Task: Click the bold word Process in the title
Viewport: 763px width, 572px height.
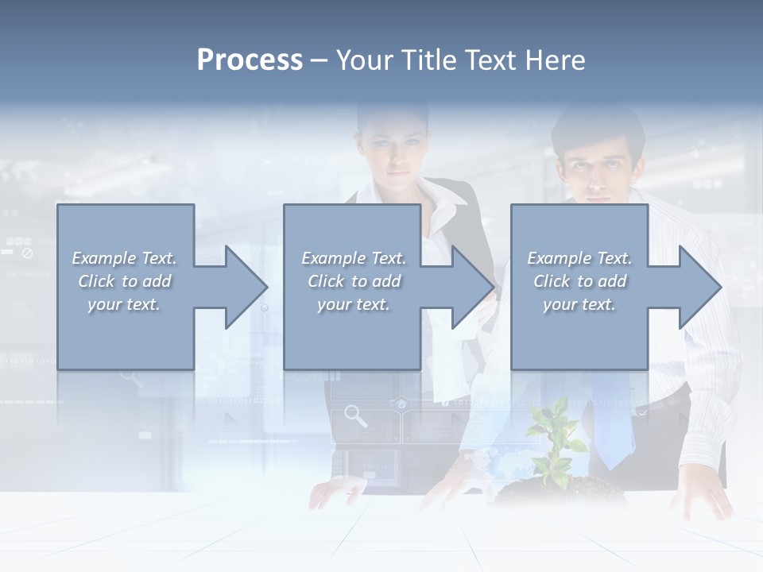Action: (250, 60)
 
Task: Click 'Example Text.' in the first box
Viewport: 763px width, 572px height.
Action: (124, 258)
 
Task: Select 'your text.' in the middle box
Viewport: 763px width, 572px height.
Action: (353, 304)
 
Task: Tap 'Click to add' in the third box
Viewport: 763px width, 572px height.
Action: (579, 281)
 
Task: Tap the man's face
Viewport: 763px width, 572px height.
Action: (598, 167)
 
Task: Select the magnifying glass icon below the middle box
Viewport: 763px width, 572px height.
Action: (355, 415)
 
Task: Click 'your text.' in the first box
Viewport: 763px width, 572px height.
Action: (124, 304)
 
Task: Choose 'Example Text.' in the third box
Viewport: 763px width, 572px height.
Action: (579, 258)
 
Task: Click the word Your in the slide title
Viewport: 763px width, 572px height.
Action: (363, 60)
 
